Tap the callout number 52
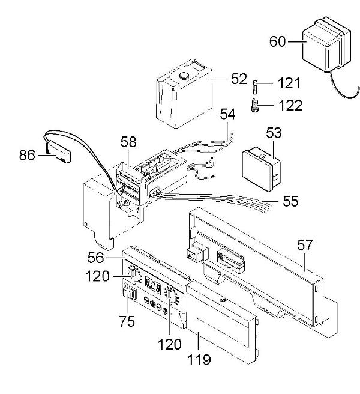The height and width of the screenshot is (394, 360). [x=223, y=78]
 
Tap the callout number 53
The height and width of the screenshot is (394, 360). [x=274, y=133]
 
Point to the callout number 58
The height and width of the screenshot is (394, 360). [x=128, y=142]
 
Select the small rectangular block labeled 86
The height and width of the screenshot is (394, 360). [x=59, y=153]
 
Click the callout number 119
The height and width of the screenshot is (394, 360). [x=199, y=360]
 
